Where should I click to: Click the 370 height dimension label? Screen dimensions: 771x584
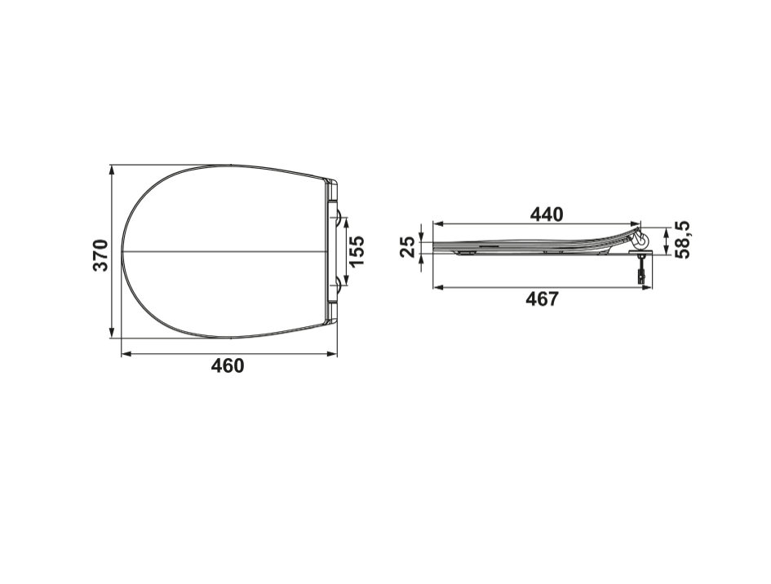[x=101, y=254]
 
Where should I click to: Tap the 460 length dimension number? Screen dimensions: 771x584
[x=227, y=365]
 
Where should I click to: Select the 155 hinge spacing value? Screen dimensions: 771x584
[x=357, y=250]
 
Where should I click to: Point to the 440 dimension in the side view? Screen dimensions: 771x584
[x=547, y=215]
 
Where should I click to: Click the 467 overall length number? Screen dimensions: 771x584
[x=542, y=299]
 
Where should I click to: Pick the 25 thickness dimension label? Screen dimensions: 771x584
[x=407, y=247]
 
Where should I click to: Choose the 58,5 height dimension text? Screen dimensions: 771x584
[x=683, y=240]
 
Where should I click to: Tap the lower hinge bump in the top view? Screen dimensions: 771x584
[x=339, y=284]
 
